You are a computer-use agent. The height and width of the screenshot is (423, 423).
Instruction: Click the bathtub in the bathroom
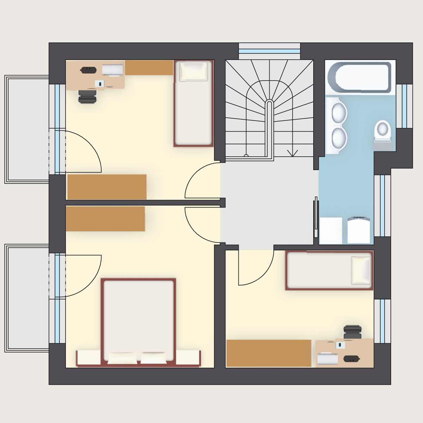(x=360, y=78)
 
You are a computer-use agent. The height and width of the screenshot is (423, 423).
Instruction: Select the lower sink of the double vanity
(x=339, y=137)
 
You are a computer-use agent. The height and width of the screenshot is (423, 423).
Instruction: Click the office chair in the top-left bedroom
(x=87, y=96)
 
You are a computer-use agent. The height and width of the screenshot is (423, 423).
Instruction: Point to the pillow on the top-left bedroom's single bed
(x=193, y=72)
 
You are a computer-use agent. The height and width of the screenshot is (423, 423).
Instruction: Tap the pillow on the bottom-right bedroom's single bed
(x=361, y=270)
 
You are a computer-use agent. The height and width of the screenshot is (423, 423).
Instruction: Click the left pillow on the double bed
(x=122, y=358)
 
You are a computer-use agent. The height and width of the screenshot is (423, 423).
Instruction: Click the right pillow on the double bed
(x=153, y=358)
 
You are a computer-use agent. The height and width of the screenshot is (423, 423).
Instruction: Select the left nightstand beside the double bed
(x=89, y=358)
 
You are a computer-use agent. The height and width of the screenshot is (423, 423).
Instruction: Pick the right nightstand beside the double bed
(x=188, y=358)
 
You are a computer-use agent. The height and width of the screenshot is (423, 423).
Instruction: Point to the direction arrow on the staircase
(x=292, y=153)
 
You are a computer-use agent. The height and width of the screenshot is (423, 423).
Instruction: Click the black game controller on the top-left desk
(x=87, y=70)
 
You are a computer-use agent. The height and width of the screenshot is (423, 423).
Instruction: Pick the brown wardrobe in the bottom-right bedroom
(x=269, y=353)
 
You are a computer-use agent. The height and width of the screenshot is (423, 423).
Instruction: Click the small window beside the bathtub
(x=404, y=106)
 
